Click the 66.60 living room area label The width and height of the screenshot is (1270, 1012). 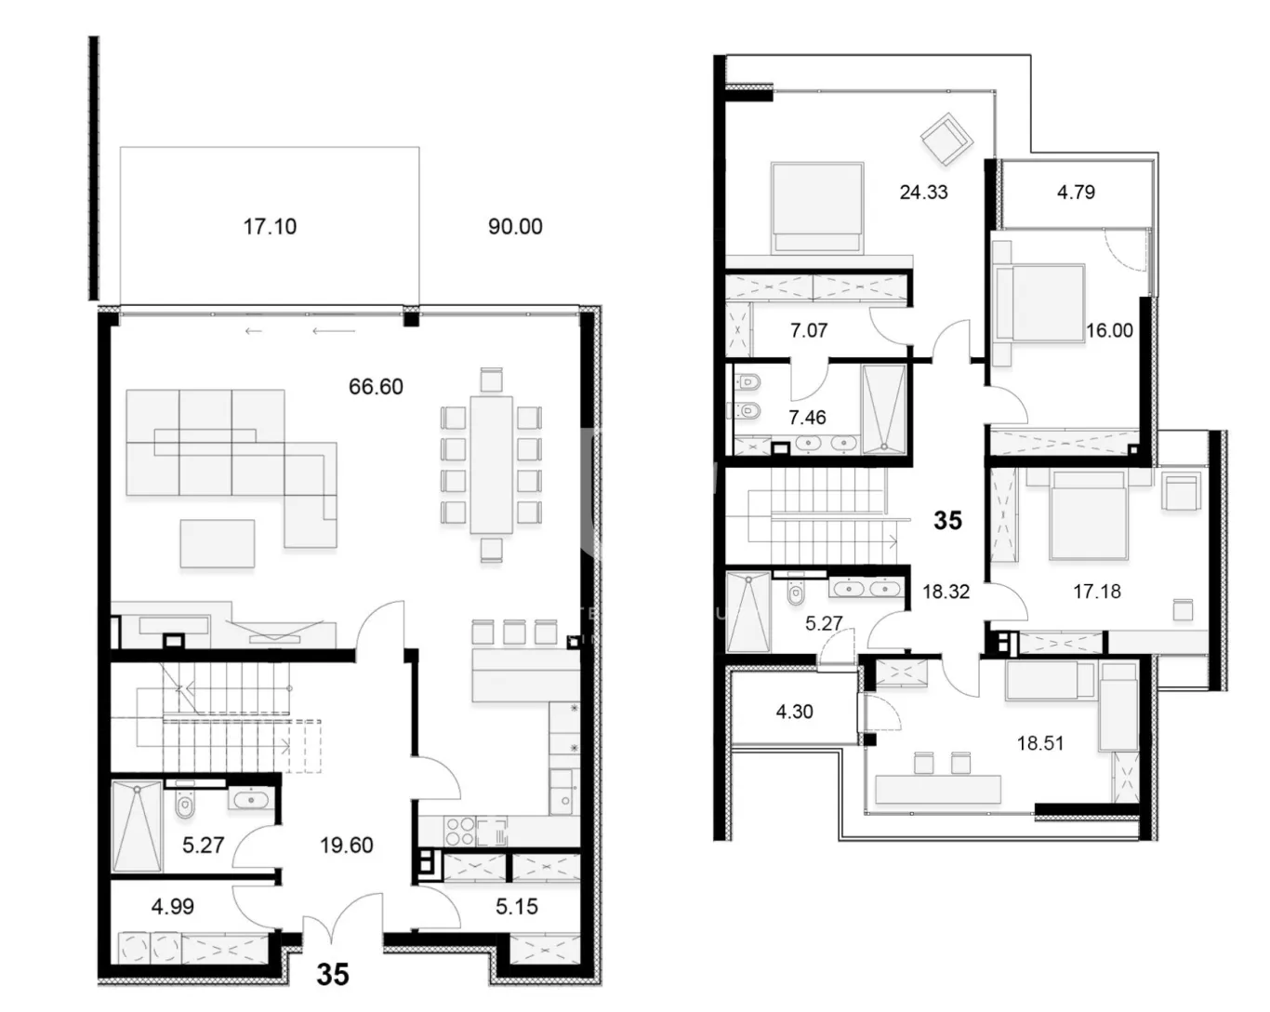(x=376, y=386)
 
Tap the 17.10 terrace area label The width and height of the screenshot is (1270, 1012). (x=270, y=226)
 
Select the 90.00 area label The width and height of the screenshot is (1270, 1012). (x=515, y=226)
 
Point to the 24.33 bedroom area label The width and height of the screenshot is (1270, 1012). (x=923, y=193)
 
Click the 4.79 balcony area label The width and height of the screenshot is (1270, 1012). (x=1076, y=193)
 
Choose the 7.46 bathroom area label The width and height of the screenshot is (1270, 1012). (x=807, y=418)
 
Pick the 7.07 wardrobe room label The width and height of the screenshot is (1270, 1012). (x=808, y=330)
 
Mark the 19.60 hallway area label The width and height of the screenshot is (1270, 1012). (x=346, y=846)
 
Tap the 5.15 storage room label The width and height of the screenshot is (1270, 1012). (x=516, y=907)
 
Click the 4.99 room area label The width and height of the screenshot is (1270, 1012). (x=173, y=907)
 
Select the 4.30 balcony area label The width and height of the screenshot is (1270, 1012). (x=794, y=712)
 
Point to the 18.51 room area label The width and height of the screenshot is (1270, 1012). (x=1040, y=743)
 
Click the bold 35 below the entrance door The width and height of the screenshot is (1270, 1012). (x=333, y=974)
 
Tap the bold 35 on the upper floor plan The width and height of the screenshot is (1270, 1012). (x=947, y=520)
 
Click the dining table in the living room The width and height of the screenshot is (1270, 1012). (x=491, y=464)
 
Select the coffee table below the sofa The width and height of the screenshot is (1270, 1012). (x=217, y=542)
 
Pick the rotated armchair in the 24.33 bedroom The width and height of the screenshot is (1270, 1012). (x=946, y=138)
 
